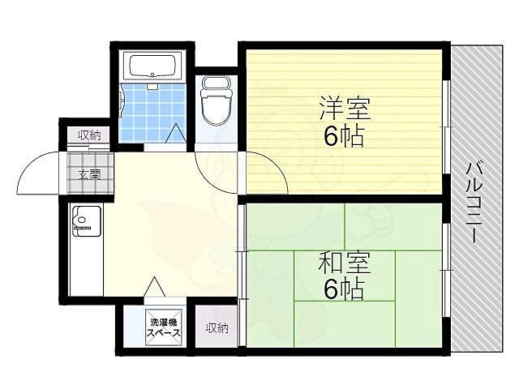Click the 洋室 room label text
pos(338,107)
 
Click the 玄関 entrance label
pos(89,174)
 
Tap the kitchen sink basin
pos(86,219)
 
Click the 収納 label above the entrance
pos(89,135)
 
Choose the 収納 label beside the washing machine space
pos(216,328)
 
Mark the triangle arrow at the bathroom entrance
pos(175,135)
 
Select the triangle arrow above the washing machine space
pos(155,287)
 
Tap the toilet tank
pos(217,84)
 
